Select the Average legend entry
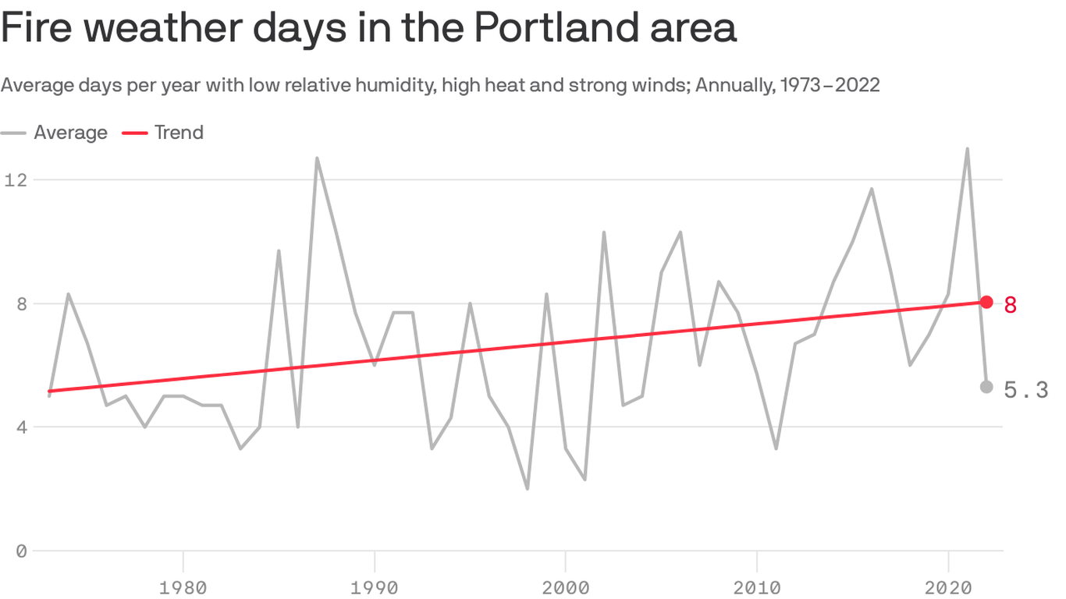pyautogui.click(x=70, y=133)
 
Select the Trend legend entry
pyautogui.click(x=179, y=133)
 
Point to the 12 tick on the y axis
pyautogui.click(x=15, y=180)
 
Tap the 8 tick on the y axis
pyautogui.click(x=20, y=303)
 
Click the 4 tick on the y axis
pyautogui.click(x=20, y=427)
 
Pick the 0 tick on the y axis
pyautogui.click(x=20, y=551)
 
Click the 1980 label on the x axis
pyautogui.click(x=183, y=587)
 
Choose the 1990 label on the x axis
pyautogui.click(x=375, y=587)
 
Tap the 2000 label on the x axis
pyautogui.click(x=566, y=587)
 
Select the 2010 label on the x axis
pyautogui.click(x=757, y=587)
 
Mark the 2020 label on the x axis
pyautogui.click(x=948, y=587)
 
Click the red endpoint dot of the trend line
pyautogui.click(x=986, y=302)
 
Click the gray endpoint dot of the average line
pyautogui.click(x=986, y=387)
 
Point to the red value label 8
pyautogui.click(x=1011, y=304)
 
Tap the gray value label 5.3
pyautogui.click(x=1025, y=390)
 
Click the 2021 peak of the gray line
pyautogui.click(x=967, y=149)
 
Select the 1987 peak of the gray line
pyautogui.click(x=317, y=158)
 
